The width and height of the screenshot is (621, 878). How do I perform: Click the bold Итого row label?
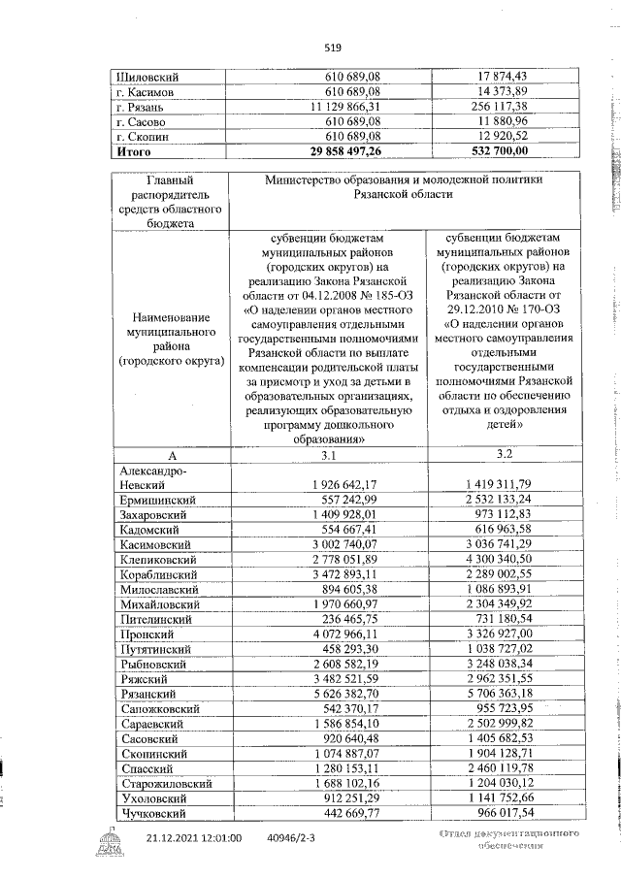click(x=134, y=151)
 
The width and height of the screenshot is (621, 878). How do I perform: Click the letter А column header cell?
click(x=171, y=455)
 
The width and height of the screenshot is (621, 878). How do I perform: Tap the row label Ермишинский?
click(x=158, y=500)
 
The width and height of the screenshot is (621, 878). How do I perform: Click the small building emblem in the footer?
click(x=103, y=854)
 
